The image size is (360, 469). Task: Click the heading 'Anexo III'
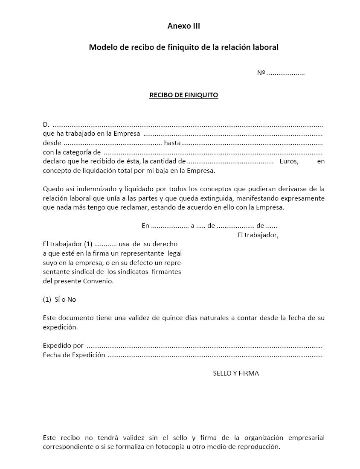(183, 26)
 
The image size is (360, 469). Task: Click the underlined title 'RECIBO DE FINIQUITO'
(183, 95)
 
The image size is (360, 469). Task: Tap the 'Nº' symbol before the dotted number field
(261, 73)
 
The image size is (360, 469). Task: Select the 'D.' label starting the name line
(46, 125)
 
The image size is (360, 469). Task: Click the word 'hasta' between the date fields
(172, 143)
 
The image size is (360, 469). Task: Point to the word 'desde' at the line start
(52, 143)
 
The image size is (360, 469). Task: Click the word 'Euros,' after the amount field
(289, 161)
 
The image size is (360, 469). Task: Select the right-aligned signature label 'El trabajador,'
(258, 235)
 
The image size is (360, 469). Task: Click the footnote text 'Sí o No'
(65, 300)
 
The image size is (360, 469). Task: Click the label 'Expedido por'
(63, 346)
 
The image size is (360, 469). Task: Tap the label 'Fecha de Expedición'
(74, 355)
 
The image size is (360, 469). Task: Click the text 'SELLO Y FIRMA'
(236, 373)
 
